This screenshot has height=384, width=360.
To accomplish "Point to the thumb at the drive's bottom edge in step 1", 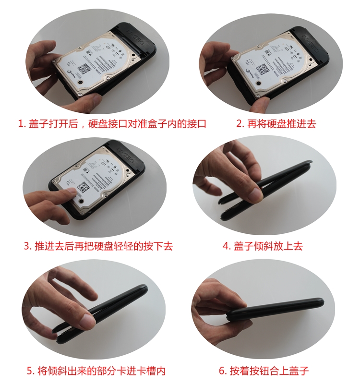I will (x=90, y=99).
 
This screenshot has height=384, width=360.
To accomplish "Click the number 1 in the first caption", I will (x=21, y=123).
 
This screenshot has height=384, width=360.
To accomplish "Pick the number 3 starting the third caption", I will (x=27, y=247).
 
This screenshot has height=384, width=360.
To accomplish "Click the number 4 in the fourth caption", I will (x=225, y=247).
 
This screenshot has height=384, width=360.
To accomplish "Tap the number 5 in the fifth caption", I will (x=29, y=371).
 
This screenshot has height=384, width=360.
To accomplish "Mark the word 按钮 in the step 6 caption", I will (x=262, y=371).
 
